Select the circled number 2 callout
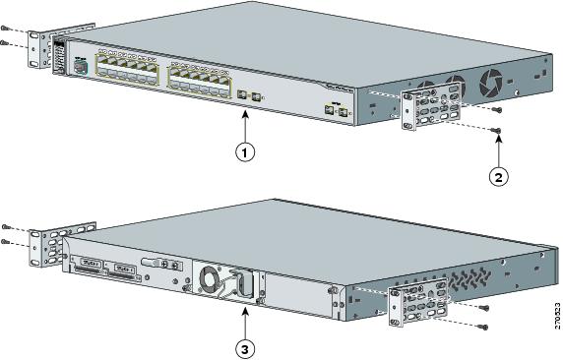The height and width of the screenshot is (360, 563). pos(499,176)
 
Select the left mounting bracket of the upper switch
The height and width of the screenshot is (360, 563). pos(39,50)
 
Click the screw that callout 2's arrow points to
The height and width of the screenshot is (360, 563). pos(499,131)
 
